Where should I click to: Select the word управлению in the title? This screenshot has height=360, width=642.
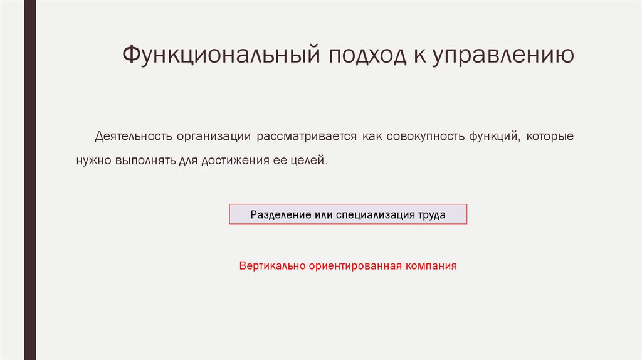(502, 55)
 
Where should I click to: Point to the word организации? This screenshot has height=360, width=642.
(214, 136)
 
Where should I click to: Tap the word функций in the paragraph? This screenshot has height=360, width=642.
(492, 136)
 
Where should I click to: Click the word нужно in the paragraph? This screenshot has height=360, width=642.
(93, 161)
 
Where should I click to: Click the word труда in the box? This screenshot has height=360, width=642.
(432, 214)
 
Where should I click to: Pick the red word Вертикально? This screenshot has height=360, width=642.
(272, 265)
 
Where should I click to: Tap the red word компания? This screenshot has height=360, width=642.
(431, 265)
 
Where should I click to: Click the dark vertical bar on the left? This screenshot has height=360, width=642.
(30, 180)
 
